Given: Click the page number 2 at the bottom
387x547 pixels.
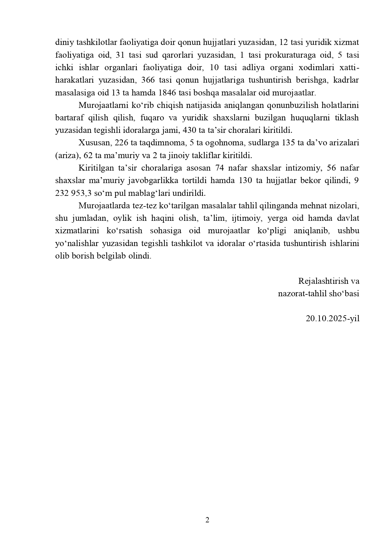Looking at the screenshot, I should pos(207,520).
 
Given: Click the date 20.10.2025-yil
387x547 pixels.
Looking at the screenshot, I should pos(332,318).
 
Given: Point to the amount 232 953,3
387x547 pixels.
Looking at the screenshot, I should pos(75,193).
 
